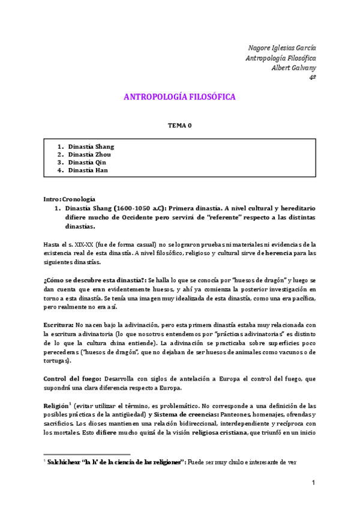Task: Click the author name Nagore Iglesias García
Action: (282, 48)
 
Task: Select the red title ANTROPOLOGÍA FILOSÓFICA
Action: (179, 97)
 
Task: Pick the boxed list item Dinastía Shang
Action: (91, 146)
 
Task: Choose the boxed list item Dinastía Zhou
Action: (90, 154)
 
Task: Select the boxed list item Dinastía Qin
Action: (88, 162)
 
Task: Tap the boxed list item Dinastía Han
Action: (88, 170)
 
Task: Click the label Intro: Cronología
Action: (69, 199)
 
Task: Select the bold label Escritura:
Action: (58, 325)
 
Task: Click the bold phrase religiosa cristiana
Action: (232, 433)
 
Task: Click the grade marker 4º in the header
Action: (312, 77)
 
